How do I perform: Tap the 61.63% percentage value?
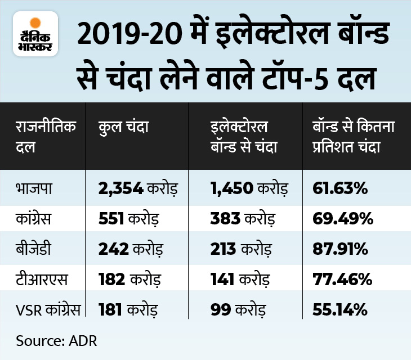[x=340, y=188]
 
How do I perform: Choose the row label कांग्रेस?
[x=33, y=219]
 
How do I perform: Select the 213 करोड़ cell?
[x=239, y=249]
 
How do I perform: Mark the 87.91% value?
[x=340, y=249]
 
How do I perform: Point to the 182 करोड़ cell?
[x=130, y=279]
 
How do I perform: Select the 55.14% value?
[x=340, y=309]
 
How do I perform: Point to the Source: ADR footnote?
[x=53, y=340]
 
